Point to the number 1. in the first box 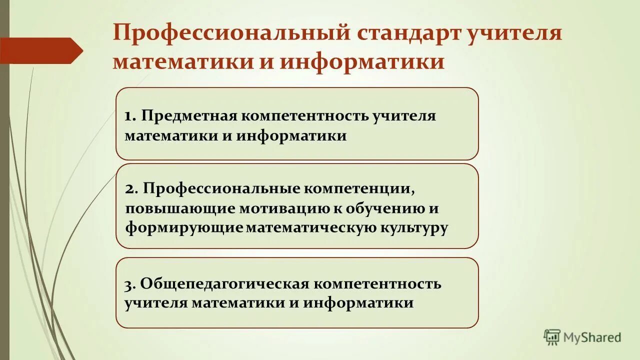[x=130, y=116]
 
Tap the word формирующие [x=184, y=227]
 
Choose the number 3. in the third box [x=130, y=284]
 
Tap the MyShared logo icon [x=552, y=337]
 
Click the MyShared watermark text [x=592, y=338]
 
